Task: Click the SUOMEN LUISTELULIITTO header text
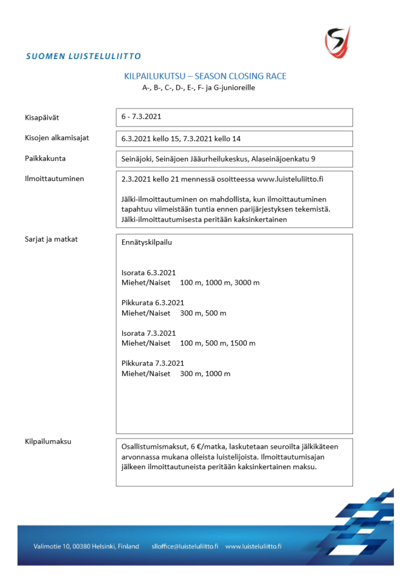click(x=83, y=56)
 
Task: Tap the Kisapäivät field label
click(x=41, y=117)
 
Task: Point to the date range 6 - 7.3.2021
click(x=141, y=117)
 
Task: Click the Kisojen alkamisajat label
click(x=57, y=138)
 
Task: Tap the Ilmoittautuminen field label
click(x=54, y=179)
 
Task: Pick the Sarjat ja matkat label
click(x=51, y=239)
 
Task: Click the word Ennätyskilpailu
click(x=146, y=242)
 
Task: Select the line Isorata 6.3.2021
click(x=149, y=272)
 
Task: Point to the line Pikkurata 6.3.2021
click(x=153, y=302)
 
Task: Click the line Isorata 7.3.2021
click(x=149, y=333)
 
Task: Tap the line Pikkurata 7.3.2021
click(x=153, y=363)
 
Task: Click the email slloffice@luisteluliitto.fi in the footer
click(x=184, y=546)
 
